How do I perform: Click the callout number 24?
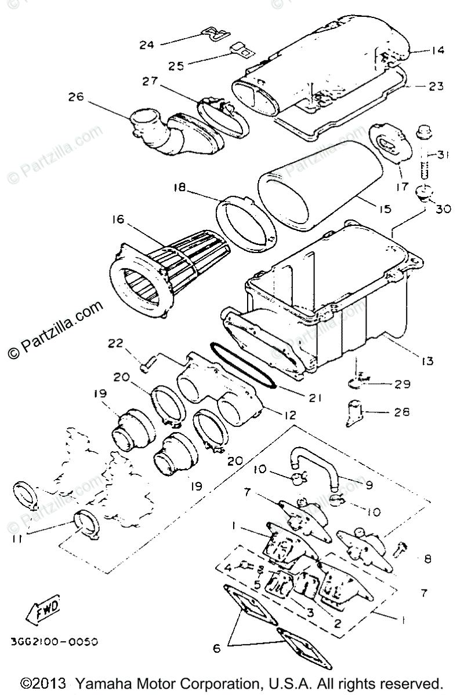coord(147,44)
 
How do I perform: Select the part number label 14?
coord(437,51)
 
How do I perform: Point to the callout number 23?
coord(436,86)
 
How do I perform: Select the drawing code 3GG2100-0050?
coord(54,642)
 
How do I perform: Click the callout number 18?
coord(179,188)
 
